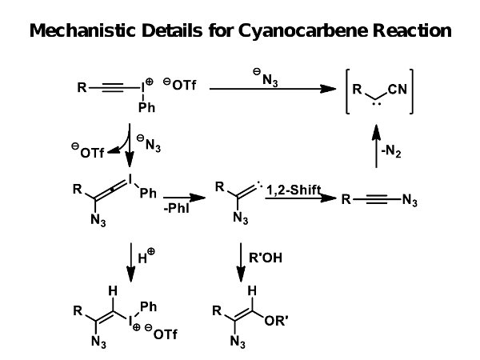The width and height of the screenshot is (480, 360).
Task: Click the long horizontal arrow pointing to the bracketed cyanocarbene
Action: pyautogui.click(x=271, y=90)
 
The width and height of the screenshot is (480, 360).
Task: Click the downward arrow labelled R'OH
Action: pyautogui.click(x=241, y=262)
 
